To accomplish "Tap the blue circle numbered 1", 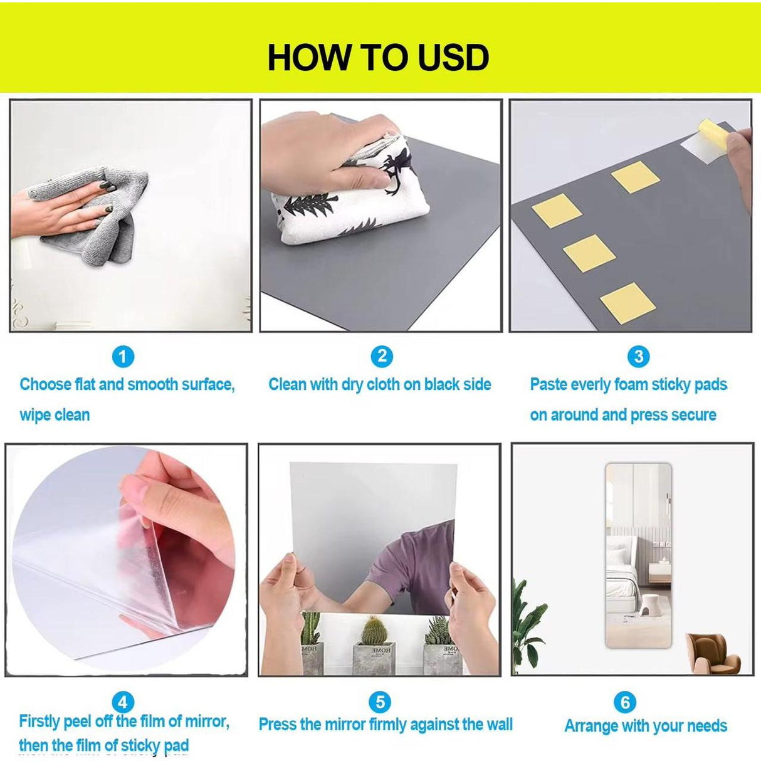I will click(x=123, y=357).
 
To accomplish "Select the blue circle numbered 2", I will click(x=381, y=357).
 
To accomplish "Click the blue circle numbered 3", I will click(x=638, y=357).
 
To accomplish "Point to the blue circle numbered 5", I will click(x=380, y=701).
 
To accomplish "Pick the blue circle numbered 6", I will click(x=625, y=702).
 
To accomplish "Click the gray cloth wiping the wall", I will click(x=107, y=213).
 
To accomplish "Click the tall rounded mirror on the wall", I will click(x=638, y=555).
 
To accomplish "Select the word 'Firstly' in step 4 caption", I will click(x=44, y=722).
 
